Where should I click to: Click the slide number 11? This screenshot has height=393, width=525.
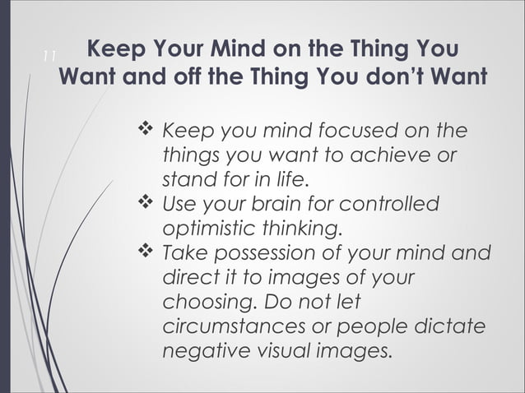48,56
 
